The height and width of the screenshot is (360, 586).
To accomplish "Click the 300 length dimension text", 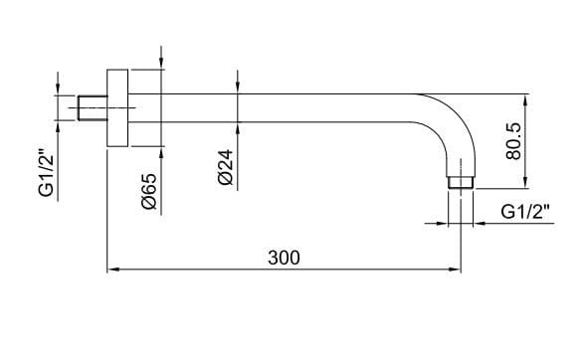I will (284, 257).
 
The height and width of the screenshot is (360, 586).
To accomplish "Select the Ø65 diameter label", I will (150, 188).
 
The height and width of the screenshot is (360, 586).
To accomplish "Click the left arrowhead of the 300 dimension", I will (110, 270).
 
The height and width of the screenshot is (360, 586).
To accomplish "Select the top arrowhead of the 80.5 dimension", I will (525, 98).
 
